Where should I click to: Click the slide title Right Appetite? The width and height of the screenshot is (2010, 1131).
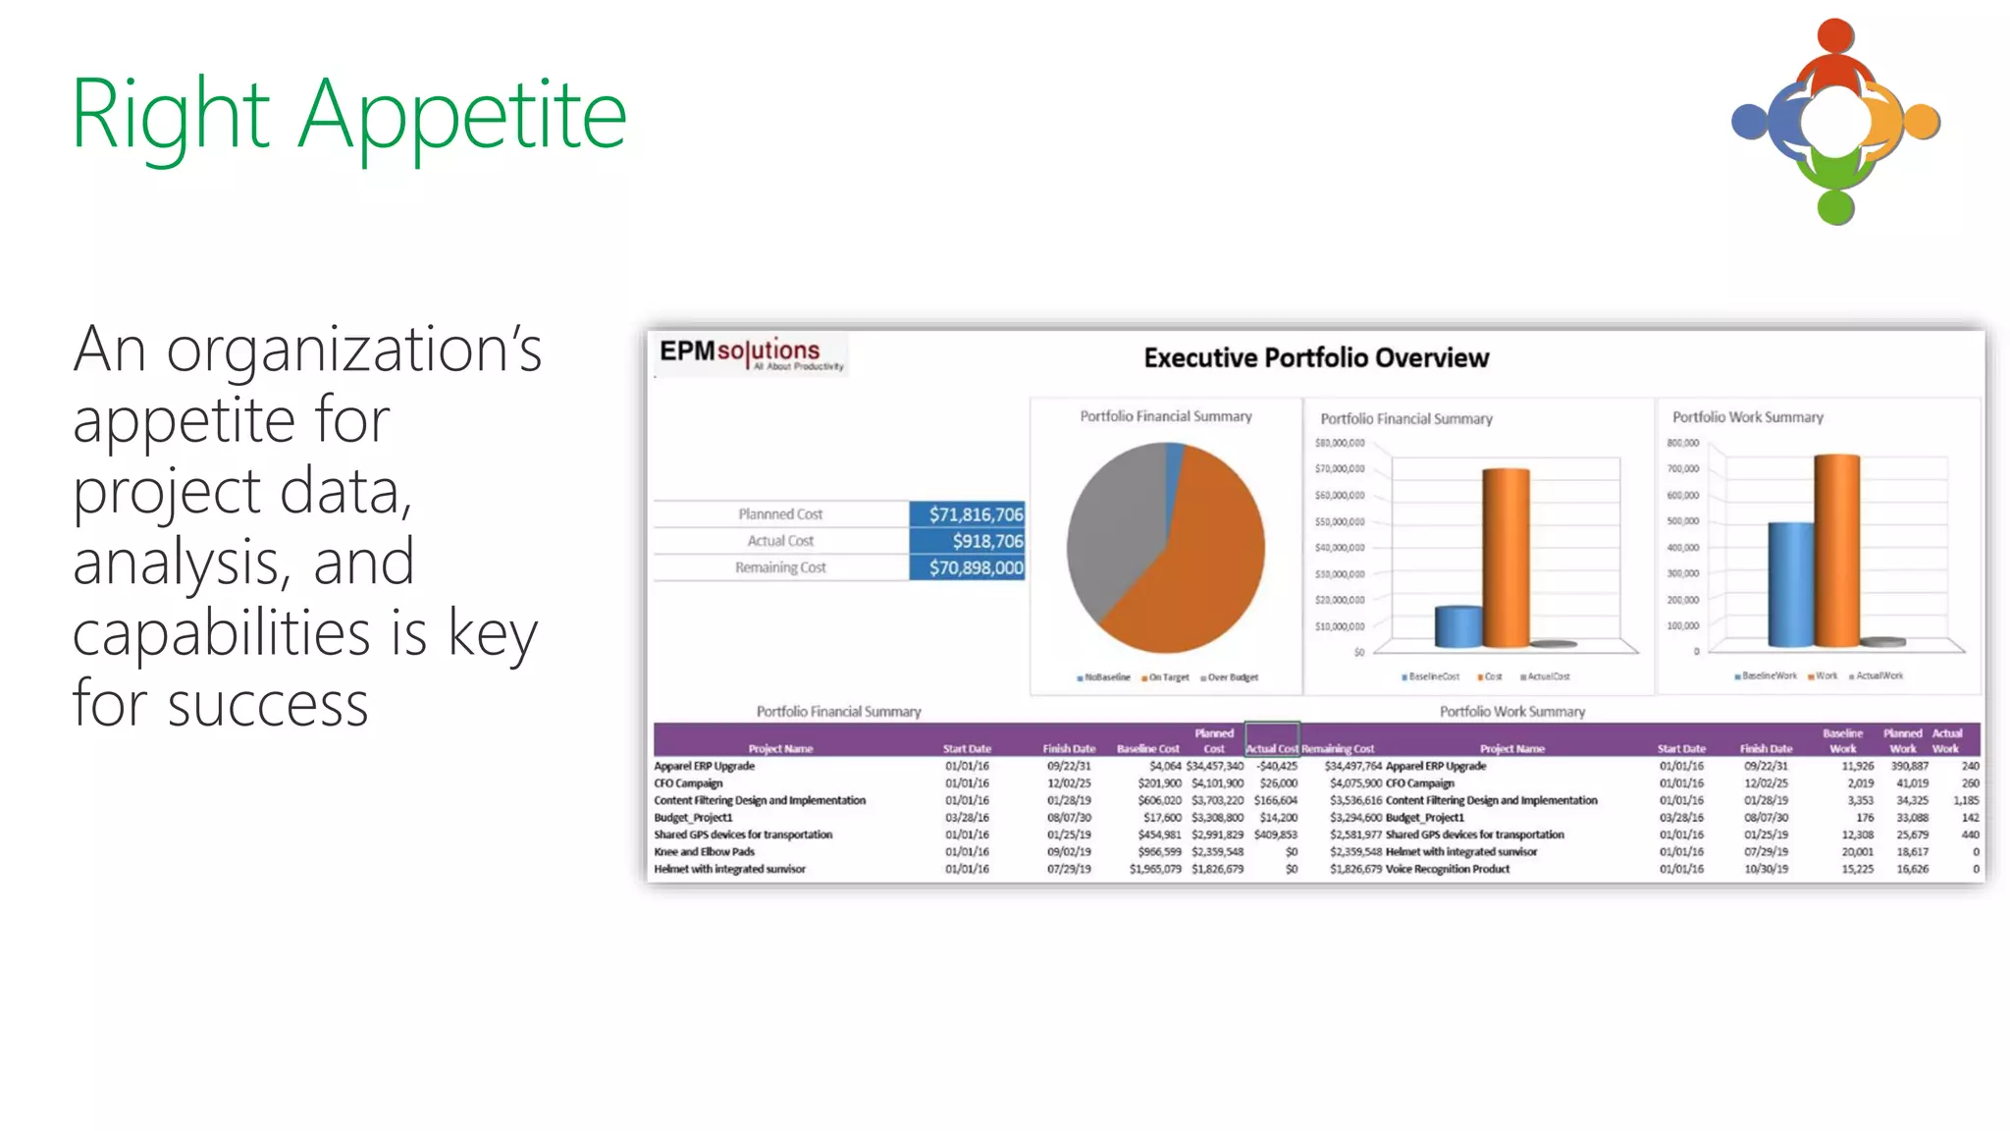348,115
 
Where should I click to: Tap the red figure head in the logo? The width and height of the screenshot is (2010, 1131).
1834,36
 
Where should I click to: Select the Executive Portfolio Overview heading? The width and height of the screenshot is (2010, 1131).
1315,358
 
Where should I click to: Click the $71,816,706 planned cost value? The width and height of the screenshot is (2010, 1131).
968,514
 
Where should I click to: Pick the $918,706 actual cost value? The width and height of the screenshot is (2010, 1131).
968,541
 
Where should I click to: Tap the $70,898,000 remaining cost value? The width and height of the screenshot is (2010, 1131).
968,567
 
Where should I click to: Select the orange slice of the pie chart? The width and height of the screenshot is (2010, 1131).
1197,579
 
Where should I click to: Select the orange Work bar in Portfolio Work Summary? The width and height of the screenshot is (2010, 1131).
1836,550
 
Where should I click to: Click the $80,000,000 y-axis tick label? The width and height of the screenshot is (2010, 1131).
1340,444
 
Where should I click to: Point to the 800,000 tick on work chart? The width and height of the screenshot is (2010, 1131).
1682,444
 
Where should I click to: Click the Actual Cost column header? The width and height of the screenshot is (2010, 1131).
1272,748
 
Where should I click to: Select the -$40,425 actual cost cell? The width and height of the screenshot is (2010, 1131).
1277,766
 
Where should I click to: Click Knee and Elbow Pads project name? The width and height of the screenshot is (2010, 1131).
704,852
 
